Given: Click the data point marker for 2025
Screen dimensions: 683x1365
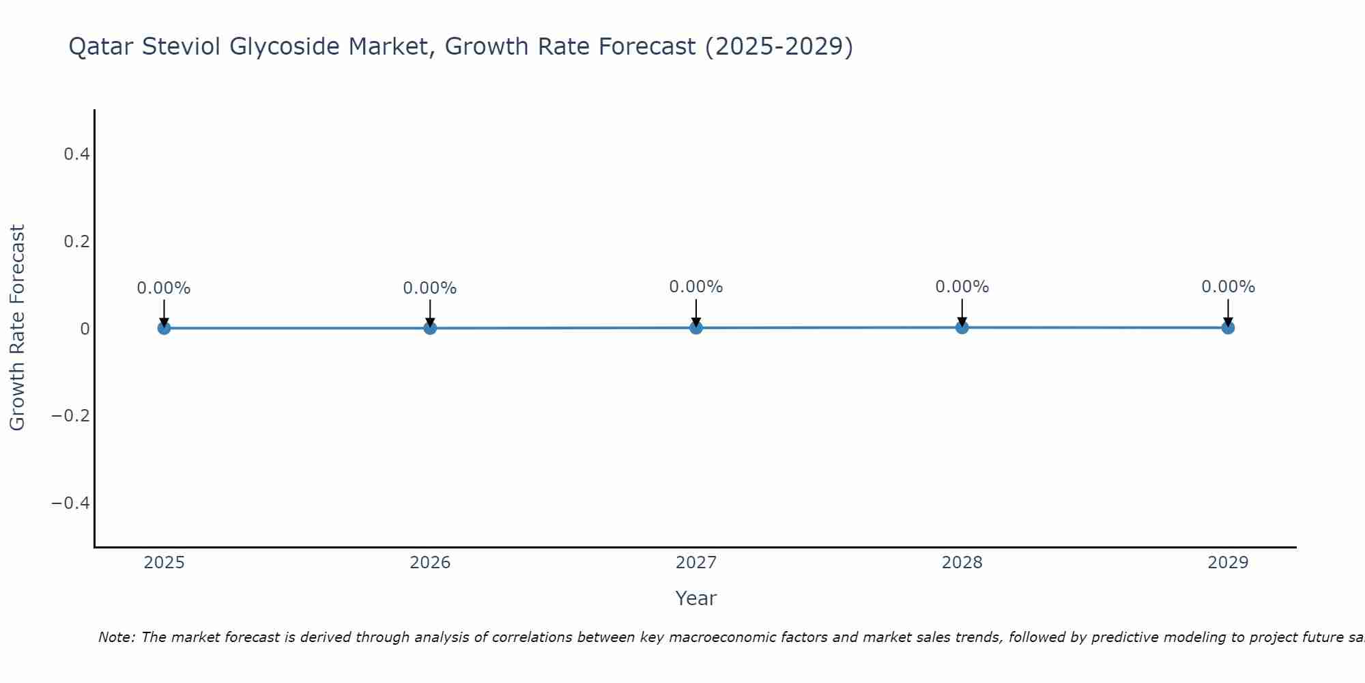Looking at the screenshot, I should coord(164,328).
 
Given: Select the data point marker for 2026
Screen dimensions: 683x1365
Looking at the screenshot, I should coord(430,328).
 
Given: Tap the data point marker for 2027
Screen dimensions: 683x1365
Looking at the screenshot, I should coord(696,327).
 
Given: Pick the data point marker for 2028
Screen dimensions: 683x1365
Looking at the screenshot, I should coord(962,327).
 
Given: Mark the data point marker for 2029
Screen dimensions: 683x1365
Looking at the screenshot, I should coord(1228,327).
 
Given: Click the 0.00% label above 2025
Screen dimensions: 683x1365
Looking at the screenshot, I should coord(164,288).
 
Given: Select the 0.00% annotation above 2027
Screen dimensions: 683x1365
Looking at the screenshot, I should coord(696,287).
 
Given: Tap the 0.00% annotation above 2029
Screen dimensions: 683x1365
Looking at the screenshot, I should coord(1228,287).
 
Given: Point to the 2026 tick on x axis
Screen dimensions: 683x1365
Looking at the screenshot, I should coord(430,563).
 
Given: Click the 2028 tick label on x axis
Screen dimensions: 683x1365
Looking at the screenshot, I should coord(962,563).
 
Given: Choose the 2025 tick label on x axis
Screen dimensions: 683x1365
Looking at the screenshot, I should coord(164,563).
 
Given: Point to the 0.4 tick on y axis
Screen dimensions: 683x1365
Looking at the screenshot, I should coord(76,154).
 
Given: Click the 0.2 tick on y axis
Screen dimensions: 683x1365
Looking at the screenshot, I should coord(76,242).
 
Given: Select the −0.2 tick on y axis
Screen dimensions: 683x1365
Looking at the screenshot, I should coord(71,416).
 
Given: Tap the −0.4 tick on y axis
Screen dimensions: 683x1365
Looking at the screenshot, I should coord(71,503).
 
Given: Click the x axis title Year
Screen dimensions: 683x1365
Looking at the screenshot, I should coord(695,598).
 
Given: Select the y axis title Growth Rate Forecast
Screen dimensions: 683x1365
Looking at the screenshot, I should coord(17,328).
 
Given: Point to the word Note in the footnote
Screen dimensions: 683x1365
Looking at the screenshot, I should coord(116,637).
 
